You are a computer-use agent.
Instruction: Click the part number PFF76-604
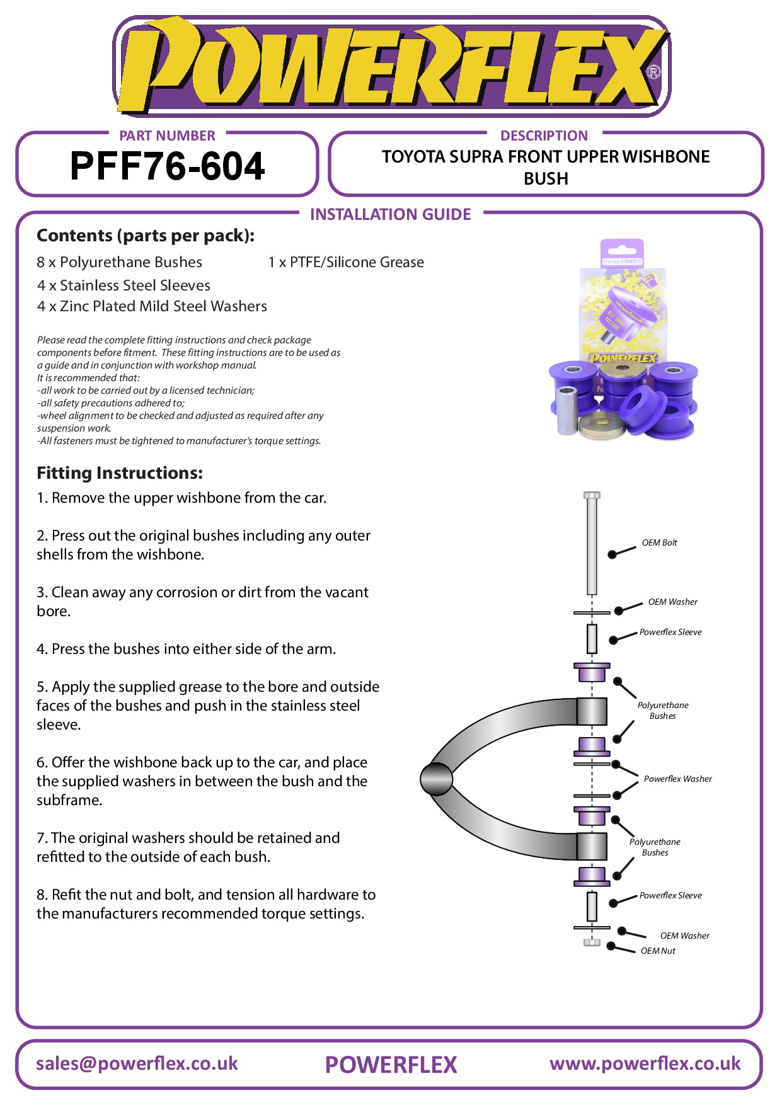(167, 166)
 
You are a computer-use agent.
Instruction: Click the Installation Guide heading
(390, 214)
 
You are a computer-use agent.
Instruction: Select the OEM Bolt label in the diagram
(659, 542)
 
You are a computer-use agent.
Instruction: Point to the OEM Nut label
(658, 951)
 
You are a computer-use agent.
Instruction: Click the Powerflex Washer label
(677, 779)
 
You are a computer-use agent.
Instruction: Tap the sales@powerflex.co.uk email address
(137, 1063)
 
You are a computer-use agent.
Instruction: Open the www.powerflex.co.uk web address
(645, 1063)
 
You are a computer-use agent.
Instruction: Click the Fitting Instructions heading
(120, 472)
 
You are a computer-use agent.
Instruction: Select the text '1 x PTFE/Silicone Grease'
(346, 262)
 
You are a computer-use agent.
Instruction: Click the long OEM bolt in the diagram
(592, 545)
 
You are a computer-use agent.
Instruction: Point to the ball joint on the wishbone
(436, 779)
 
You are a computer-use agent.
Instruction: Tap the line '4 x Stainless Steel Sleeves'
(124, 285)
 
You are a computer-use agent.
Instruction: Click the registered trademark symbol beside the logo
(654, 72)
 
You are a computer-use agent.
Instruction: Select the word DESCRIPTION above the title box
(544, 135)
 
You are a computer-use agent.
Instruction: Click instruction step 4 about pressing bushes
(186, 649)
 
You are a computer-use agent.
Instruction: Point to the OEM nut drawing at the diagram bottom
(592, 942)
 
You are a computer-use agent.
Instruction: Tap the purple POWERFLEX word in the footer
(391, 1065)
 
